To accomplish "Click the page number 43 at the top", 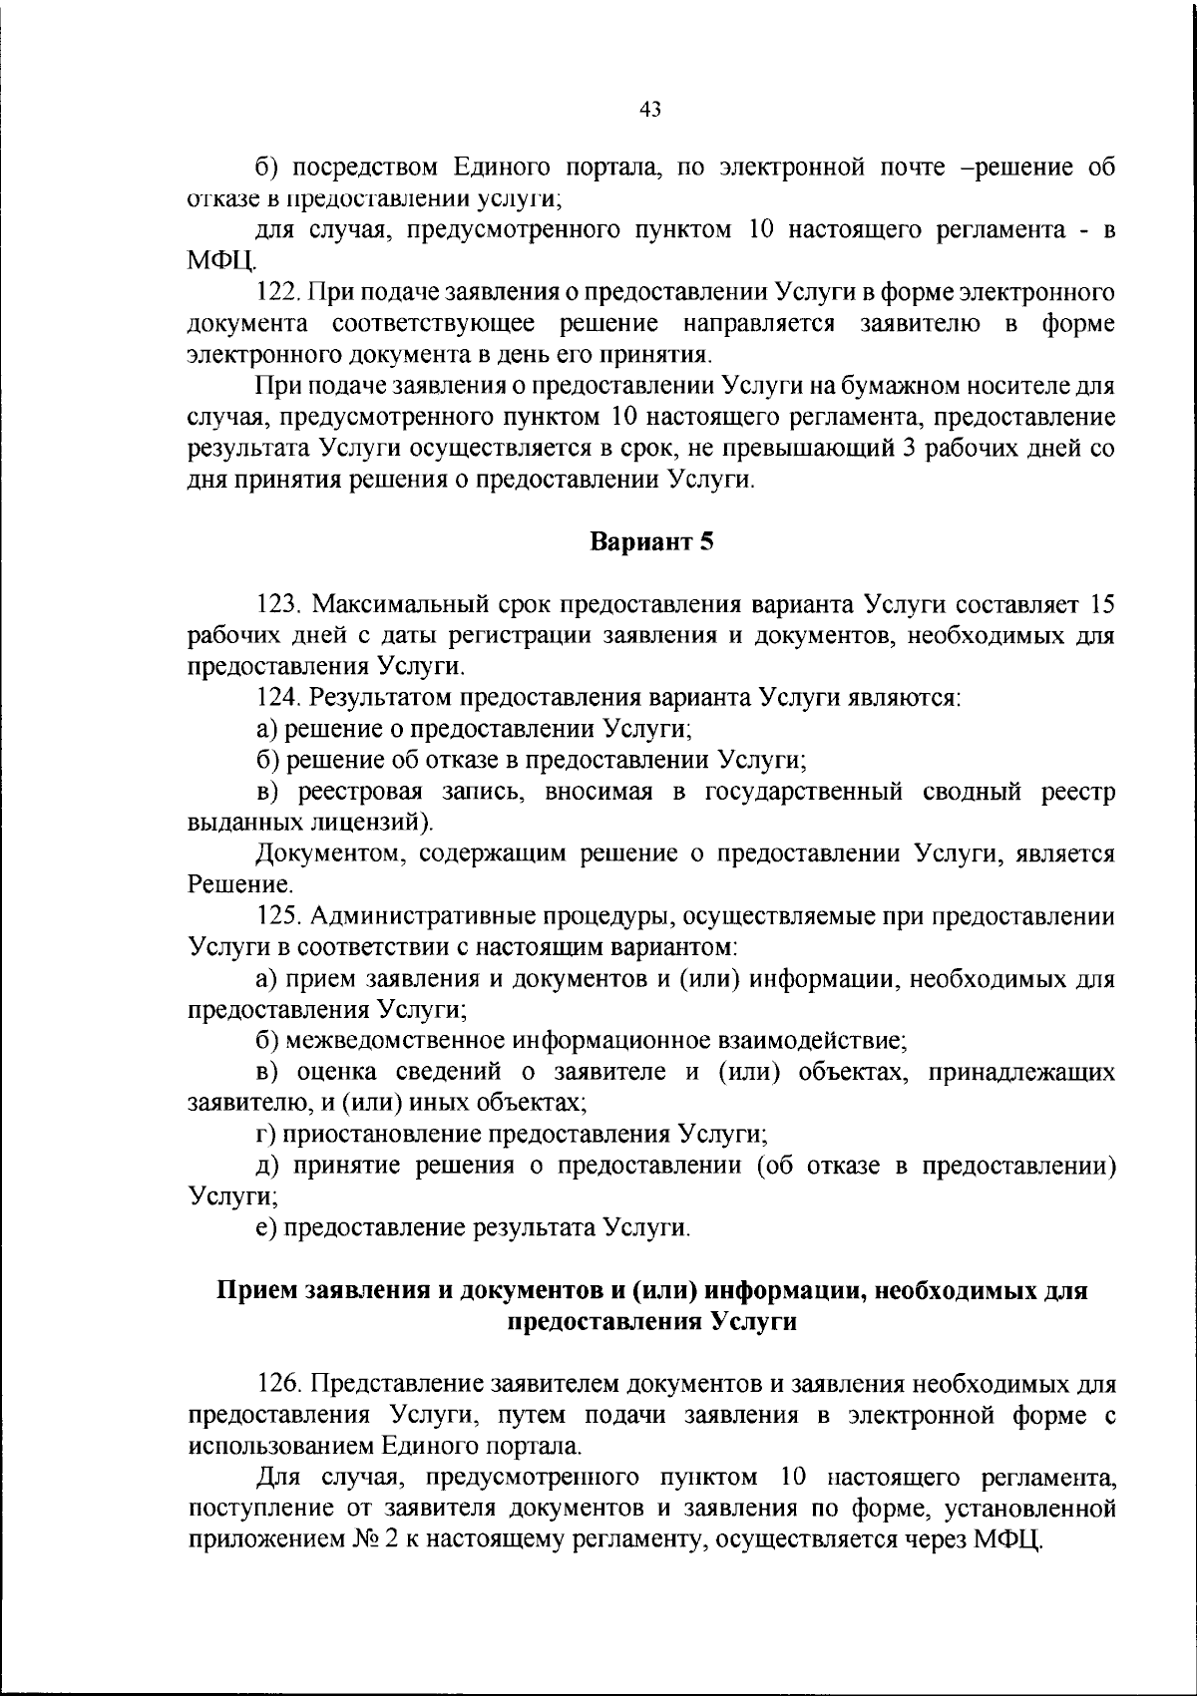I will (649, 110).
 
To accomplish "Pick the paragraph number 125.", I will (278, 915).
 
